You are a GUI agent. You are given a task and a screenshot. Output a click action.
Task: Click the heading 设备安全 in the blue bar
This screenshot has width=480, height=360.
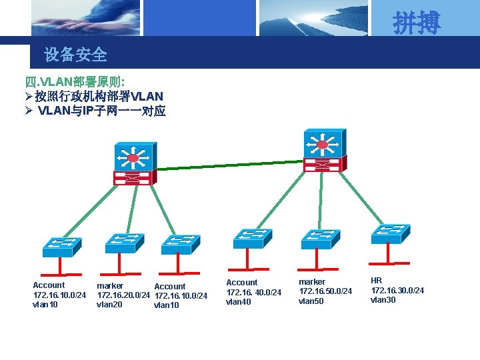[x=75, y=55]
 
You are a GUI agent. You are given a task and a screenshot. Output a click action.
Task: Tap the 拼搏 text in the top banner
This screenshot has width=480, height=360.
[x=417, y=23]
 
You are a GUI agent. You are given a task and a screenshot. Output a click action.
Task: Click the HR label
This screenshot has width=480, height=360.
[x=377, y=281]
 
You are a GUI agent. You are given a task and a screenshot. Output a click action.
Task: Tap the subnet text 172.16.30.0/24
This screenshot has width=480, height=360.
[x=397, y=291]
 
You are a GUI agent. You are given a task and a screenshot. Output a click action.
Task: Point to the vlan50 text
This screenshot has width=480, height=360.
[x=311, y=301]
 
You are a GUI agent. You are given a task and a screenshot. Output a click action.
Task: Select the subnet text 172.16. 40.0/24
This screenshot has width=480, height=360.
[x=254, y=292]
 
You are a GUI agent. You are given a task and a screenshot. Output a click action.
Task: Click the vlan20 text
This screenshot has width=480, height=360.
[x=109, y=304]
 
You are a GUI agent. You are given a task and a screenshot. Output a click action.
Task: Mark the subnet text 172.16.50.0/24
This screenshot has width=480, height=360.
[x=325, y=291]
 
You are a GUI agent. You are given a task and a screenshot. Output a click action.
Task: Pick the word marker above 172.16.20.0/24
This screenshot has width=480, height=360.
[x=110, y=285]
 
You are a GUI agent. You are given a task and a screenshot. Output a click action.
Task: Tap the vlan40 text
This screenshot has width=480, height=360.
[x=239, y=302]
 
